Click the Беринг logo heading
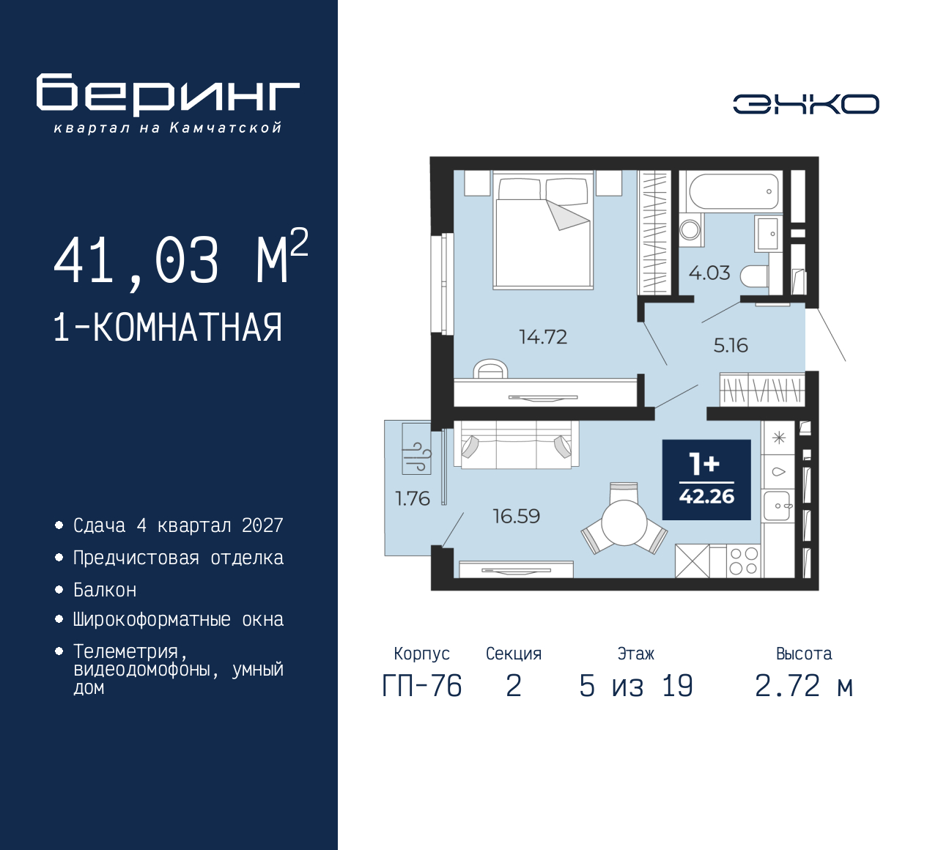point(168,95)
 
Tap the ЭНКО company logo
point(805,104)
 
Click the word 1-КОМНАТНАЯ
point(168,328)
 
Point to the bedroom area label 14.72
point(543,337)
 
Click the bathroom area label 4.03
point(709,273)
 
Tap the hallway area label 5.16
point(731,345)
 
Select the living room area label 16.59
point(516,517)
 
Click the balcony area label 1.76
point(412,499)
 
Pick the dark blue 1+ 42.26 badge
point(706,480)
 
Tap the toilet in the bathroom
point(755,276)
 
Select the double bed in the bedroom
point(543,231)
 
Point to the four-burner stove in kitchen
point(744,561)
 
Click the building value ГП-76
point(422,687)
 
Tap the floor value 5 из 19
point(635,687)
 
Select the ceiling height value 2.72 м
point(804,687)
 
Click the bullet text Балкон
point(105,590)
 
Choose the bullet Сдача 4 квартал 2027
point(178,525)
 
